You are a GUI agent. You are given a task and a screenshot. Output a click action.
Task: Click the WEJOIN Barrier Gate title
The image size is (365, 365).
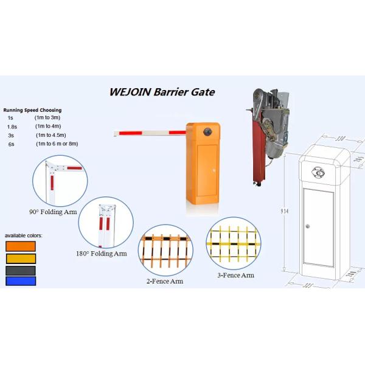point(162,92)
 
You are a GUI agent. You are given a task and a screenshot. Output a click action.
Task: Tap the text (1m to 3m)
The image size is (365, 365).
point(47,117)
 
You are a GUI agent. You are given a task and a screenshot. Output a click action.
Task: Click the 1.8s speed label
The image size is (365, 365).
point(12,126)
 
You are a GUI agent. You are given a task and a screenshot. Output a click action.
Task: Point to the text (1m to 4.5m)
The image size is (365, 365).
point(50,134)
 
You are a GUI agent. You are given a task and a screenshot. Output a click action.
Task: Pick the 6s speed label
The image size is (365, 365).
point(11,144)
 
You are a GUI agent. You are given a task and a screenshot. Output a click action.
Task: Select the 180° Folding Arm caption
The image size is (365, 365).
point(102,253)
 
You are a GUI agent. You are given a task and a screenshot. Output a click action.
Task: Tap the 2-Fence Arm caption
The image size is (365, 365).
point(164,281)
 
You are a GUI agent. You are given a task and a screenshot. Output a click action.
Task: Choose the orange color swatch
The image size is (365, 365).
point(21,246)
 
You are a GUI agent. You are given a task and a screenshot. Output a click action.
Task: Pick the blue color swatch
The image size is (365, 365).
point(21,280)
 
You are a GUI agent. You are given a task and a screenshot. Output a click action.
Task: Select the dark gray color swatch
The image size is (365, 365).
point(21,269)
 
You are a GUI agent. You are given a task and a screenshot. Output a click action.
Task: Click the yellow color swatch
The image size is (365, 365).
point(21,258)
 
